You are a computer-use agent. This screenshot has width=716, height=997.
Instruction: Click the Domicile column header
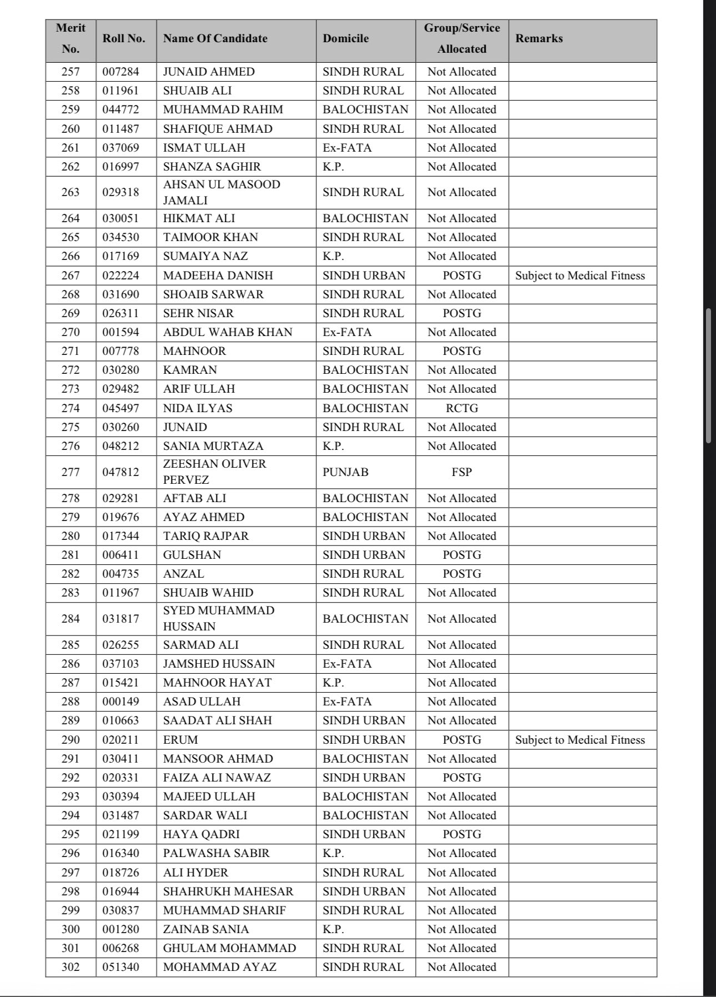click(346, 39)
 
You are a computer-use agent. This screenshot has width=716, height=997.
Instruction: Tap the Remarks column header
click(539, 39)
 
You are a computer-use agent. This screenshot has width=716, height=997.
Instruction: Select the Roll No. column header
click(124, 39)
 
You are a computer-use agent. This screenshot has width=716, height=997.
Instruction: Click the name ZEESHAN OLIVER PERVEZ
click(215, 472)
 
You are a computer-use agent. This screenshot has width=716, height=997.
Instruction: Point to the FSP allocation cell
click(462, 472)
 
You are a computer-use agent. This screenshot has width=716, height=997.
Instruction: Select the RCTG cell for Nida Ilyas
click(462, 408)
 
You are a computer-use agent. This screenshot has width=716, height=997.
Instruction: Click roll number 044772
click(121, 109)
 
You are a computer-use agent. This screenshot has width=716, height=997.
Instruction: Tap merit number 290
click(70, 740)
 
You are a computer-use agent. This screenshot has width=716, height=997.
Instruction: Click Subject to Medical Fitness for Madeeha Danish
click(580, 275)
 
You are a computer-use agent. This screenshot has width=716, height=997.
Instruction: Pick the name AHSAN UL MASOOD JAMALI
click(221, 192)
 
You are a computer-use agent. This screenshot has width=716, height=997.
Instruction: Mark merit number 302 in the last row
click(70, 967)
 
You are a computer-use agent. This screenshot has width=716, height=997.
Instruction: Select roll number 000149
click(121, 702)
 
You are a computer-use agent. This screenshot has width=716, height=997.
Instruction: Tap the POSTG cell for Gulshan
click(462, 555)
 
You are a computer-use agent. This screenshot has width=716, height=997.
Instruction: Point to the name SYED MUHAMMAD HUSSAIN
click(219, 618)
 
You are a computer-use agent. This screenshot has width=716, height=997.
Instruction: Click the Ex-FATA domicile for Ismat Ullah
click(347, 148)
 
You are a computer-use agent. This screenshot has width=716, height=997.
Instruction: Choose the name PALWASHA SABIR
click(216, 853)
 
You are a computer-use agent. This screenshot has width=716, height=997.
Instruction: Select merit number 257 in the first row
click(70, 72)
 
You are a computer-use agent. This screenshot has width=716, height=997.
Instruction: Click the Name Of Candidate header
click(215, 39)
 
